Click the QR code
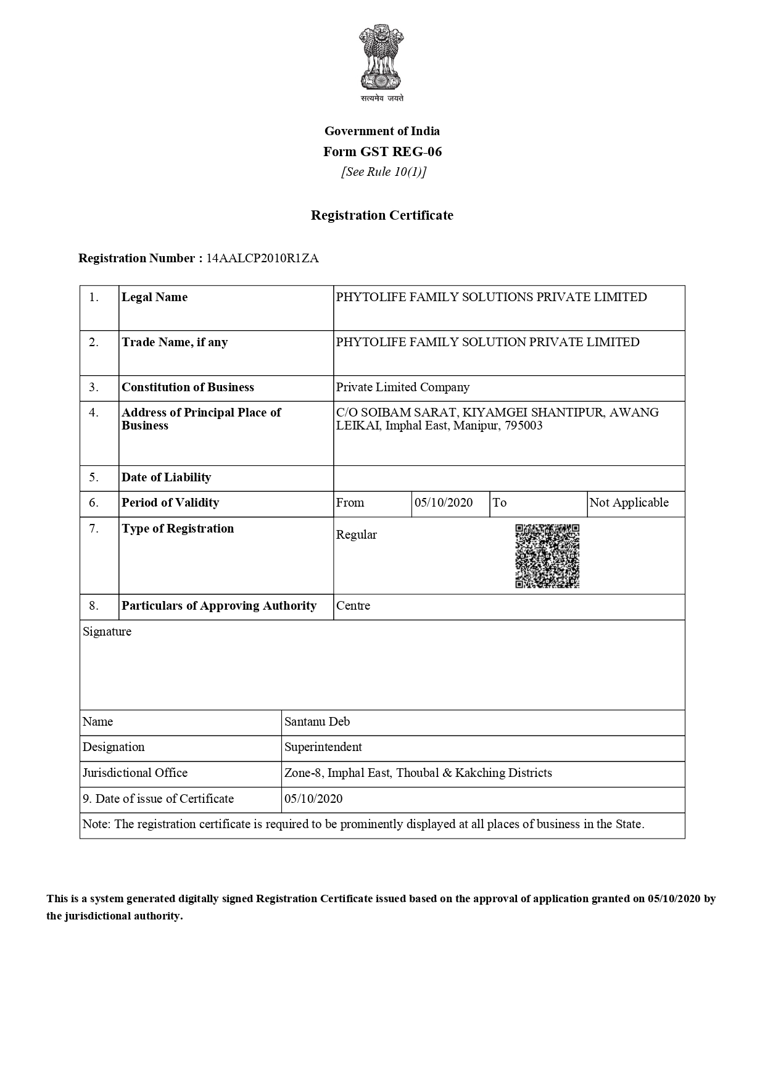tap(547, 556)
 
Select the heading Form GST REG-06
tap(382, 152)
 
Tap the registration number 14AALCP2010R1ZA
tap(262, 259)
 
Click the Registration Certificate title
tap(382, 215)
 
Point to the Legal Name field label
tap(154, 297)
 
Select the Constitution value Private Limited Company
tap(402, 388)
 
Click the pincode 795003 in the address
tap(523, 426)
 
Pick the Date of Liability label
tap(166, 478)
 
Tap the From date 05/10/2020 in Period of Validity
tap(444, 503)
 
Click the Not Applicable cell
tap(629, 503)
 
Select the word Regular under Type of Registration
tap(356, 535)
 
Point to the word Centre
tap(353, 606)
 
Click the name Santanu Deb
tap(316, 722)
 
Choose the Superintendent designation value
tap(323, 747)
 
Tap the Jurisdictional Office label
tap(134, 773)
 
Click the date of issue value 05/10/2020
tap(313, 799)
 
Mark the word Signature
tap(107, 632)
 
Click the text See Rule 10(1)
tap(384, 172)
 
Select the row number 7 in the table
tap(93, 529)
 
